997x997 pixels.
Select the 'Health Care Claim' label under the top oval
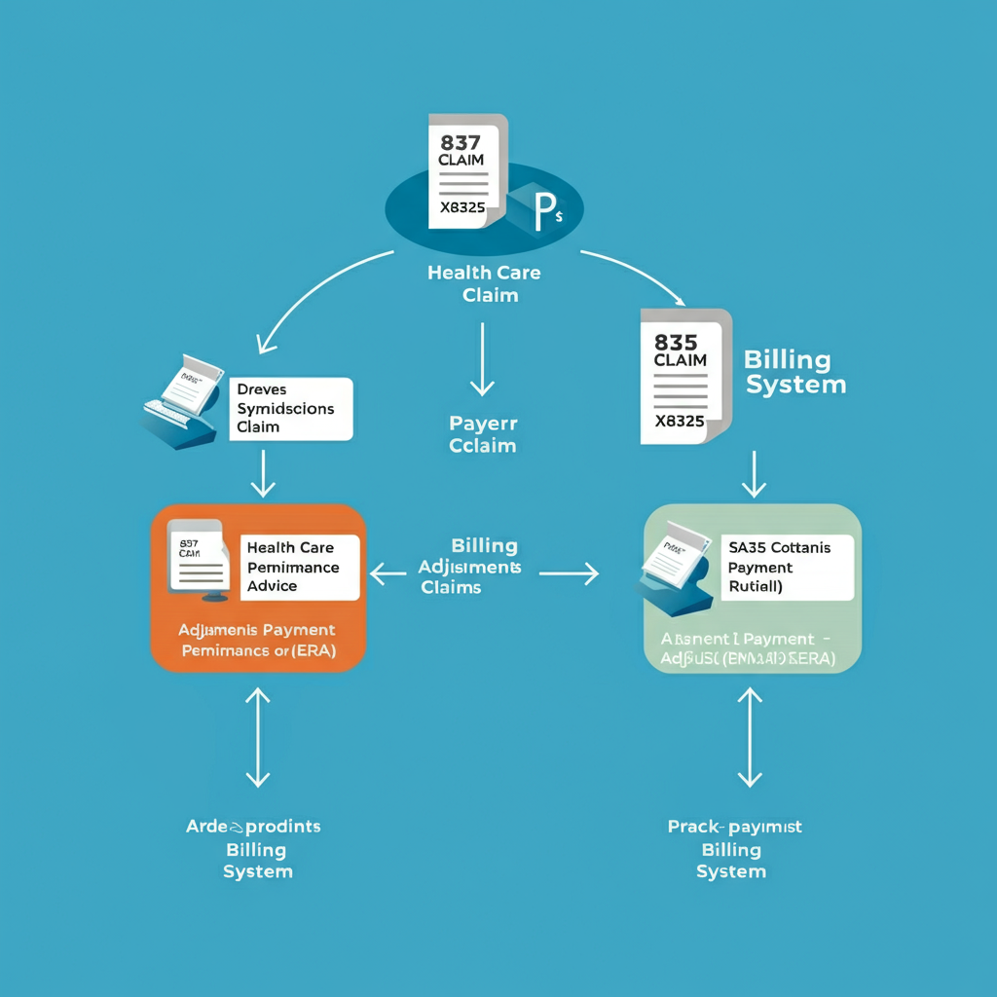pyautogui.click(x=484, y=283)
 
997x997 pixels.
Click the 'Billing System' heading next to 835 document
pyautogui.click(x=794, y=372)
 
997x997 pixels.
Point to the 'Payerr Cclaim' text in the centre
pyautogui.click(x=483, y=434)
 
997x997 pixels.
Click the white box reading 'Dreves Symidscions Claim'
pyautogui.click(x=289, y=408)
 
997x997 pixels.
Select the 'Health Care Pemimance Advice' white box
pyautogui.click(x=299, y=567)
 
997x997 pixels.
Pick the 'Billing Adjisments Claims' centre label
pyautogui.click(x=470, y=567)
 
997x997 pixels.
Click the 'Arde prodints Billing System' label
pyautogui.click(x=254, y=848)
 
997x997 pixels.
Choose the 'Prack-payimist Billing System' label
pyautogui.click(x=734, y=848)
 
